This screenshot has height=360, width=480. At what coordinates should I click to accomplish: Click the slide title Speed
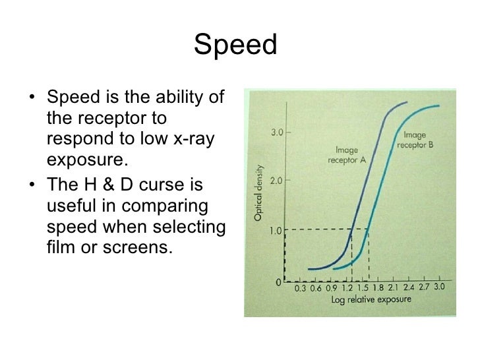[235, 45]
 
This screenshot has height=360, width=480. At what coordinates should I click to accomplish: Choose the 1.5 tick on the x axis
[363, 288]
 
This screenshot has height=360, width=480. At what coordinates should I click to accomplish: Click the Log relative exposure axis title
[371, 299]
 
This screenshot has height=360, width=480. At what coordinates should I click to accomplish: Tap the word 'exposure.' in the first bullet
[86, 162]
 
